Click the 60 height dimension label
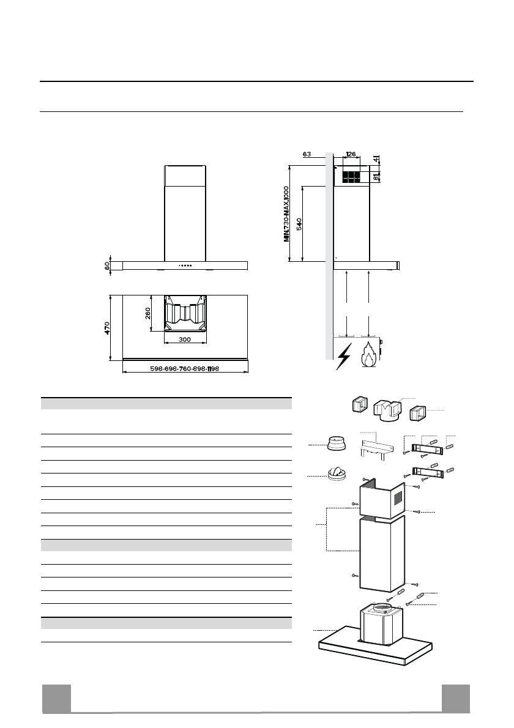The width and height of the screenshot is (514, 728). (107, 266)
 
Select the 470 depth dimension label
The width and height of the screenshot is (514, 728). (107, 328)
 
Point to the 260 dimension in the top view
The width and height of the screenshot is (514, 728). (147, 313)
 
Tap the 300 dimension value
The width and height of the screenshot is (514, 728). (185, 340)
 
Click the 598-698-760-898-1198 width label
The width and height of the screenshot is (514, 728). (185, 369)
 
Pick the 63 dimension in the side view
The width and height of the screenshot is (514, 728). (307, 154)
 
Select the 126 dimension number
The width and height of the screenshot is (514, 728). (351, 154)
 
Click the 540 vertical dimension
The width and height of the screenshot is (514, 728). (299, 224)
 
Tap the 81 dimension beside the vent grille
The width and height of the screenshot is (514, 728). (376, 177)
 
